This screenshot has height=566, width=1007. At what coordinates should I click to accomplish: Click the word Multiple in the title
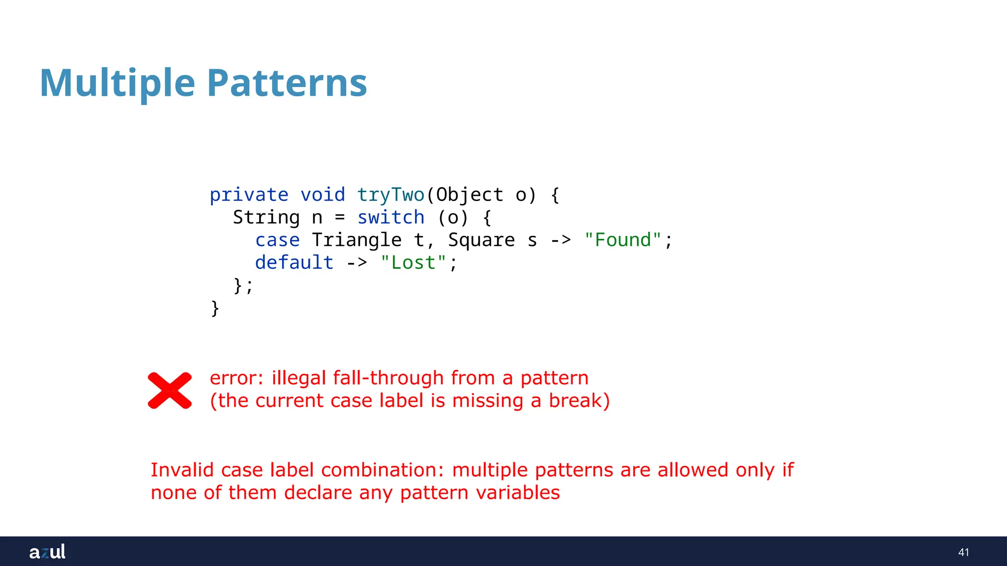pyautogui.click(x=118, y=83)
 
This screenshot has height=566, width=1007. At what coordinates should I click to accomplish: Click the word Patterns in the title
pyautogui.click(x=287, y=83)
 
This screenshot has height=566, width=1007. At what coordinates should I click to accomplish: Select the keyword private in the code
pyautogui.click(x=249, y=195)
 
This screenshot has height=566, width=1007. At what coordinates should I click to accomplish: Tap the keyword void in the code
pyautogui.click(x=323, y=195)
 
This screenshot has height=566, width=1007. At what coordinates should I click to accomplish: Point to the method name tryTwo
pyautogui.click(x=390, y=195)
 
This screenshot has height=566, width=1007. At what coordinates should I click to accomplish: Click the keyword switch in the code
pyautogui.click(x=391, y=218)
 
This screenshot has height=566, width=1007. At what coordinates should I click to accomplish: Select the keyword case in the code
pyautogui.click(x=277, y=240)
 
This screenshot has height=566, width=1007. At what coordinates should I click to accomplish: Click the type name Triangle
pyautogui.click(x=356, y=240)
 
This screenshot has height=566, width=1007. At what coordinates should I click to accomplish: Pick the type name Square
pyautogui.click(x=481, y=240)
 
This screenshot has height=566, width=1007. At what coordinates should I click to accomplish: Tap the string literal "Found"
pyautogui.click(x=622, y=240)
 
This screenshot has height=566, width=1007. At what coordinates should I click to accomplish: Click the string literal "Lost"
pyautogui.click(x=414, y=263)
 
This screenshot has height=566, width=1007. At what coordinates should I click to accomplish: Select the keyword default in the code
pyautogui.click(x=294, y=263)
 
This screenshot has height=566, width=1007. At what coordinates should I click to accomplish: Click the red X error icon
pyautogui.click(x=170, y=391)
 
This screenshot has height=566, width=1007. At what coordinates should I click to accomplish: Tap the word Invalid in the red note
pyautogui.click(x=182, y=470)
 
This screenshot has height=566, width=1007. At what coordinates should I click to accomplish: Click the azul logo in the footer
pyautogui.click(x=47, y=552)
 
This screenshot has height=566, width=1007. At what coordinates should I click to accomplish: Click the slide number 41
pyautogui.click(x=963, y=552)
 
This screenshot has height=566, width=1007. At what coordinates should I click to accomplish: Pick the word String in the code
pyautogui.click(x=266, y=218)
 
